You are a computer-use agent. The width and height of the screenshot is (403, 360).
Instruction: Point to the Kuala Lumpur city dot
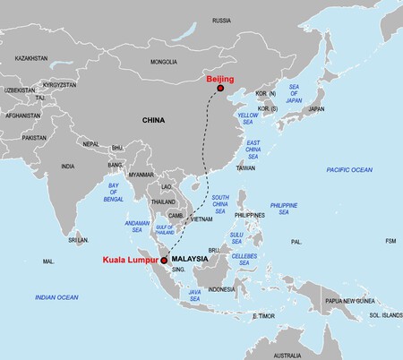pos(164,261)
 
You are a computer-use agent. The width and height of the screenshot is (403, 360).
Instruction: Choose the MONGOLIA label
pos(164,62)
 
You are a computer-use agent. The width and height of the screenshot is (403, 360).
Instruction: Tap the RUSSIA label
pos(221,20)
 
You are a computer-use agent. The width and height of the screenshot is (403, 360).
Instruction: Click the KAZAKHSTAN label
pos(31,58)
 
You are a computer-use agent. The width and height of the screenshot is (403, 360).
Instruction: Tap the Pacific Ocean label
pos(348,169)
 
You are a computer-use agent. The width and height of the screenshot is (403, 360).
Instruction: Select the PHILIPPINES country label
pos(249,215)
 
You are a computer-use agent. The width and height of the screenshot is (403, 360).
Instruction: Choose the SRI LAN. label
pos(79,240)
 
